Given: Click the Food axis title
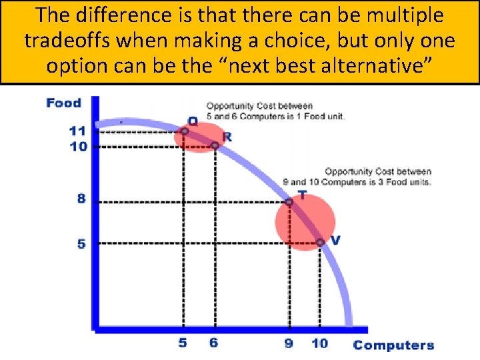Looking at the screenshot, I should click(63, 103).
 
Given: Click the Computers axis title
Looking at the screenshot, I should click(393, 345).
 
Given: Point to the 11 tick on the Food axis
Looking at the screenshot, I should click(78, 131).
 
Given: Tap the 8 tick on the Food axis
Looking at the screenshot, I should click(81, 199).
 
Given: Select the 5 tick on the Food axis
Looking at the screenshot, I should click(81, 243).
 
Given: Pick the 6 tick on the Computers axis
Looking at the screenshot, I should click(213, 343).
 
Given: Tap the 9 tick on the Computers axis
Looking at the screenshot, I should click(289, 343).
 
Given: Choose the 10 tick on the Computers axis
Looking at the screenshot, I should click(319, 343).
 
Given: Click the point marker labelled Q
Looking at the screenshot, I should click(185, 131).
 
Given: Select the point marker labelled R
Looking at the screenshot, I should click(215, 145).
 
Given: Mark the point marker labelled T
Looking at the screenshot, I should click(289, 201).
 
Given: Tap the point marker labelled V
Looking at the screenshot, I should click(320, 243).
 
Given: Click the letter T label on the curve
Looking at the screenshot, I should click(302, 195).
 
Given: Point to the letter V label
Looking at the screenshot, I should click(335, 240).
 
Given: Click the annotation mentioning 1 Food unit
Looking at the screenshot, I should click(275, 111).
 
